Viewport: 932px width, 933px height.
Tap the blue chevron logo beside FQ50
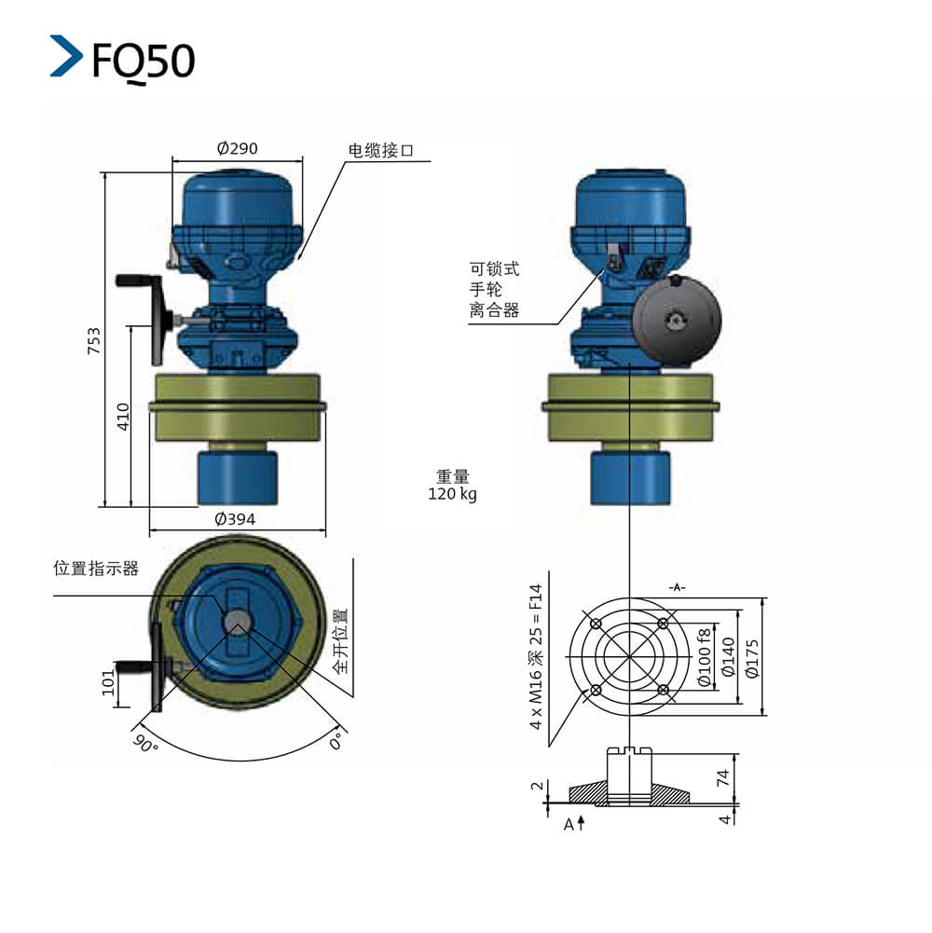(x=66, y=56)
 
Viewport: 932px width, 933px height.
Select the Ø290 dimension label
(x=237, y=148)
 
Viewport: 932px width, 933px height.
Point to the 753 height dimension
(x=94, y=340)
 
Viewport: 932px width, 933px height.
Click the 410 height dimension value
(x=123, y=417)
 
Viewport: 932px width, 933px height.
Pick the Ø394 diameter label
(x=235, y=519)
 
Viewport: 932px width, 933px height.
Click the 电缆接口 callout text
(x=380, y=151)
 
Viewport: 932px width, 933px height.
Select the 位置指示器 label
(x=96, y=569)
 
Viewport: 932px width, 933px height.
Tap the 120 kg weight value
(x=452, y=494)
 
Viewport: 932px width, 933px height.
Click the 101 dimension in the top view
(x=108, y=682)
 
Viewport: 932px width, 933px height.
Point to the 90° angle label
(x=145, y=743)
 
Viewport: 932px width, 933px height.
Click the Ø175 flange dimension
(x=752, y=659)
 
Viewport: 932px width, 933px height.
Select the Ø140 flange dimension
(x=728, y=657)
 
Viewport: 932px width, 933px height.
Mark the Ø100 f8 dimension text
(x=704, y=657)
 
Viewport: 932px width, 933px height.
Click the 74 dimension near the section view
(x=722, y=777)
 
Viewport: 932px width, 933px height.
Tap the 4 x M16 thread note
(x=536, y=657)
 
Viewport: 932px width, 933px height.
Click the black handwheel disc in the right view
(x=677, y=320)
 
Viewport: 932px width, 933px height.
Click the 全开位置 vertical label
(x=340, y=641)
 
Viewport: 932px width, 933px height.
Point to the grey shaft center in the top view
(x=238, y=622)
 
